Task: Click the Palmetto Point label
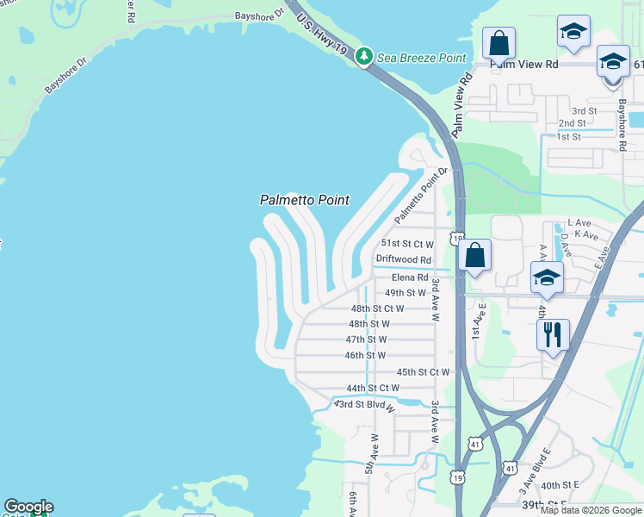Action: [305, 200]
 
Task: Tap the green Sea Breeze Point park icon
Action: [363, 57]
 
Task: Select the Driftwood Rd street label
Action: [403, 259]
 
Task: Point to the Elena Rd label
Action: [410, 277]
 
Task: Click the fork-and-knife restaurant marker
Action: [553, 333]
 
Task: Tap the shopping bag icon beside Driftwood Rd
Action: [474, 255]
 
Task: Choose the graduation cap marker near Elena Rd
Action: [547, 277]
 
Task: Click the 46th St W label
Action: [365, 355]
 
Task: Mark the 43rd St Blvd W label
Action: [364, 405]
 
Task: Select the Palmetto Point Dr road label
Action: [422, 197]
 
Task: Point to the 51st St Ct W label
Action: [405, 245]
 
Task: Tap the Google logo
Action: [28, 507]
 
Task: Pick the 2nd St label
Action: [572, 123]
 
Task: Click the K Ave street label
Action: [585, 234]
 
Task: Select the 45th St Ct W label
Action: [423, 372]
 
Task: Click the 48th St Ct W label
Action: [377, 308]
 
